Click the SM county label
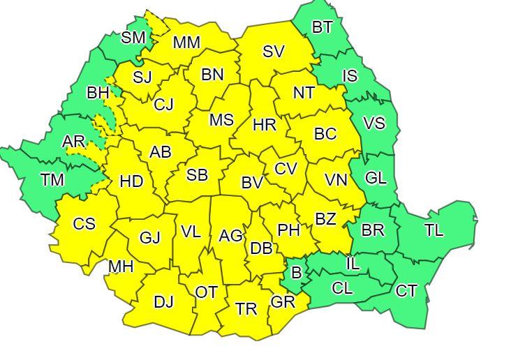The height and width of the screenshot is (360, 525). (133, 38)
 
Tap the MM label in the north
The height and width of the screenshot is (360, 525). (186, 43)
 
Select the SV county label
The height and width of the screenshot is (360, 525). (274, 51)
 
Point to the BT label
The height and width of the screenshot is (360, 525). (322, 28)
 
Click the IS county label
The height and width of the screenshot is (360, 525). (350, 77)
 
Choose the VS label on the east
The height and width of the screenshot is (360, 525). (374, 123)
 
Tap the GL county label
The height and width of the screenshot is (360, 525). (376, 178)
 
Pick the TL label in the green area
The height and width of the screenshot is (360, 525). (434, 230)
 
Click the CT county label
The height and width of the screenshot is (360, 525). (406, 291)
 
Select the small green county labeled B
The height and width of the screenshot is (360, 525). (296, 273)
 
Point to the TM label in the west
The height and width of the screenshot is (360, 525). (52, 180)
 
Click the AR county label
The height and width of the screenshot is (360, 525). (73, 142)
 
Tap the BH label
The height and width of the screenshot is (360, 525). (97, 92)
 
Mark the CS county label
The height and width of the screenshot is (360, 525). (84, 224)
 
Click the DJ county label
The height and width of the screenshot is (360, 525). (163, 302)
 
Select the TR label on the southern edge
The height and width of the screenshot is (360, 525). (246, 309)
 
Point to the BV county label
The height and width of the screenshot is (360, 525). (252, 183)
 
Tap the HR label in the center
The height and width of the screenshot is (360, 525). (265, 126)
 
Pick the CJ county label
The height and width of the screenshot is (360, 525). (163, 105)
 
